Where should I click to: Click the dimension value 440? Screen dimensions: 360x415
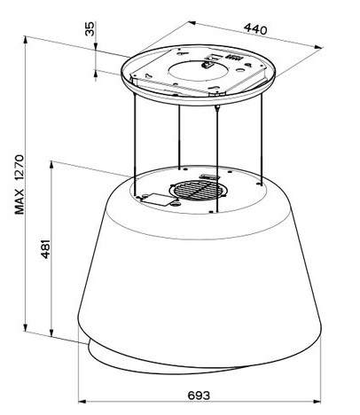tap(255, 29)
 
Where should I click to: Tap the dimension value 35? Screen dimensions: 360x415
tap(90, 28)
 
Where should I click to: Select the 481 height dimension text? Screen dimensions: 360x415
tap(45, 249)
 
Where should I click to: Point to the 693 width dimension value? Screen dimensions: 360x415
tap(199, 395)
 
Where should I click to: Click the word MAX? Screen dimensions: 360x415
tap(20, 201)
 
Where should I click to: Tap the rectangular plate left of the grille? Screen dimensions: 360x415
tap(157, 200)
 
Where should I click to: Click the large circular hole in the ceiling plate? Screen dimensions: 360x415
tap(199, 71)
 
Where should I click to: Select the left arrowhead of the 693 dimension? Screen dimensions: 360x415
tap(82, 402)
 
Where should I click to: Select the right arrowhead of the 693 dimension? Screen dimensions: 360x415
tap(317, 402)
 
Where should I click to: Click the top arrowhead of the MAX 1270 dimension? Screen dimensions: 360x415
tap(26, 40)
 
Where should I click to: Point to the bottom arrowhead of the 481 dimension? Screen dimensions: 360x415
tap(51, 333)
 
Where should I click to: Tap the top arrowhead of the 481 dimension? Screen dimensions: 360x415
tap(51, 165)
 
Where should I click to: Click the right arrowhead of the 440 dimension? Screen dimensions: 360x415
tap(318, 47)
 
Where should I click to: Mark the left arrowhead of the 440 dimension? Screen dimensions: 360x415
tap(192, 23)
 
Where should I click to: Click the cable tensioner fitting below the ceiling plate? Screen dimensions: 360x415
tap(217, 107)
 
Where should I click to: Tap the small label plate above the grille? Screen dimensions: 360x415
tap(209, 176)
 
